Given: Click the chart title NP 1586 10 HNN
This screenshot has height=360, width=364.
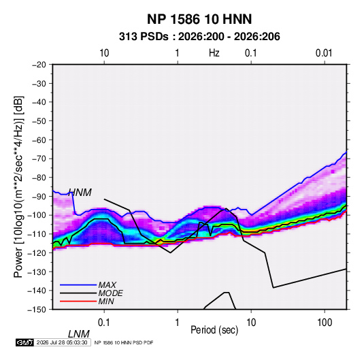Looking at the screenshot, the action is (199, 19).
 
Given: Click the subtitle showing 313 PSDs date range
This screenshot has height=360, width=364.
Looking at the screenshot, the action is (199, 37).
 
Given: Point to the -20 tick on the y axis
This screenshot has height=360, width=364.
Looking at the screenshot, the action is (39, 65).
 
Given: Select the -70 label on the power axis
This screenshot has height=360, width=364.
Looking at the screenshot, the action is (39, 159).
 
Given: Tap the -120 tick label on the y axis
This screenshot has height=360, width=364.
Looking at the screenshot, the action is (37, 252).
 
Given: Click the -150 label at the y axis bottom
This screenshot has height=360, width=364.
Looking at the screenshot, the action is (37, 310).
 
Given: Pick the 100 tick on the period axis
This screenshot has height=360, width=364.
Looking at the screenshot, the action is (325, 323).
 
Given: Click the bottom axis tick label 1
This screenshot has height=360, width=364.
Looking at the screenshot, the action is (178, 323).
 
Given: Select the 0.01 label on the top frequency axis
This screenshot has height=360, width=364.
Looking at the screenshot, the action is (324, 53).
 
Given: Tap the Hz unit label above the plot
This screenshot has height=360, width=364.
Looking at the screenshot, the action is (214, 53).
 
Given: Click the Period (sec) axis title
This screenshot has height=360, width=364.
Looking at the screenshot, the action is (214, 330).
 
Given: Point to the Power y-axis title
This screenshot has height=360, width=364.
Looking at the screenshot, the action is (18, 187).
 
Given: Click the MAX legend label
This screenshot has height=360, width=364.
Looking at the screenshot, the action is (107, 285).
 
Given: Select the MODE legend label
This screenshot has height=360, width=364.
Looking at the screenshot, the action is (110, 293).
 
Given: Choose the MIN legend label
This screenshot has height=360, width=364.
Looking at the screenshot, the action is (106, 301).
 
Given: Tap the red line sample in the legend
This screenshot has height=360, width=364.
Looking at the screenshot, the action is (78, 301).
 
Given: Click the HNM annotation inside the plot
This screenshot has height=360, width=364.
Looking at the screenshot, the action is (80, 193).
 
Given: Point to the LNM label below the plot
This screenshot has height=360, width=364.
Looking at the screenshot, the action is (79, 334).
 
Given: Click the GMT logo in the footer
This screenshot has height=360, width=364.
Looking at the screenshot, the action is (24, 342).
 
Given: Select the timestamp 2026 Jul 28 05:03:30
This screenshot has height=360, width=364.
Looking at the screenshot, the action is (62, 342).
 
